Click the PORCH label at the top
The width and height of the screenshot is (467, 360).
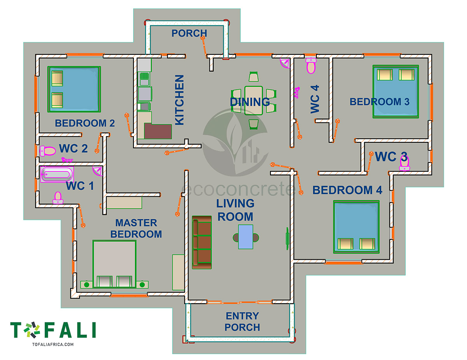[189, 33]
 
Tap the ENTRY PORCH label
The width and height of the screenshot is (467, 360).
[242, 322]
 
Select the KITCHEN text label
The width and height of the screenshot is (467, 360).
[179, 100]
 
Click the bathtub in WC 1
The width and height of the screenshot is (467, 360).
[57, 175]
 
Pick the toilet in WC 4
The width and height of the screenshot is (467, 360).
[311, 66]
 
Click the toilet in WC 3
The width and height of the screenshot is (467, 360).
[404, 163]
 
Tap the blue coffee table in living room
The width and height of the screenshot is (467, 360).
[246, 237]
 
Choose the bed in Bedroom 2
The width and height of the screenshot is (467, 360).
[74, 89]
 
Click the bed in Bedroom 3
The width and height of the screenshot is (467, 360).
[395, 91]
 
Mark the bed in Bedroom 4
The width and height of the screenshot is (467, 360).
[356, 226]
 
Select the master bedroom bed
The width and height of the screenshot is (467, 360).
[114, 264]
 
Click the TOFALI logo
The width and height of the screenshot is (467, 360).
[53, 330]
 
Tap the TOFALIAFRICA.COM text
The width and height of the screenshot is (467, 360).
[53, 344]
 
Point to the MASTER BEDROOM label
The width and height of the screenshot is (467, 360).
[136, 228]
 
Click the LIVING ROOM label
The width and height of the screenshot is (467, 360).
[235, 210]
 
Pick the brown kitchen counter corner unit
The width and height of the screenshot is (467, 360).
[158, 131]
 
